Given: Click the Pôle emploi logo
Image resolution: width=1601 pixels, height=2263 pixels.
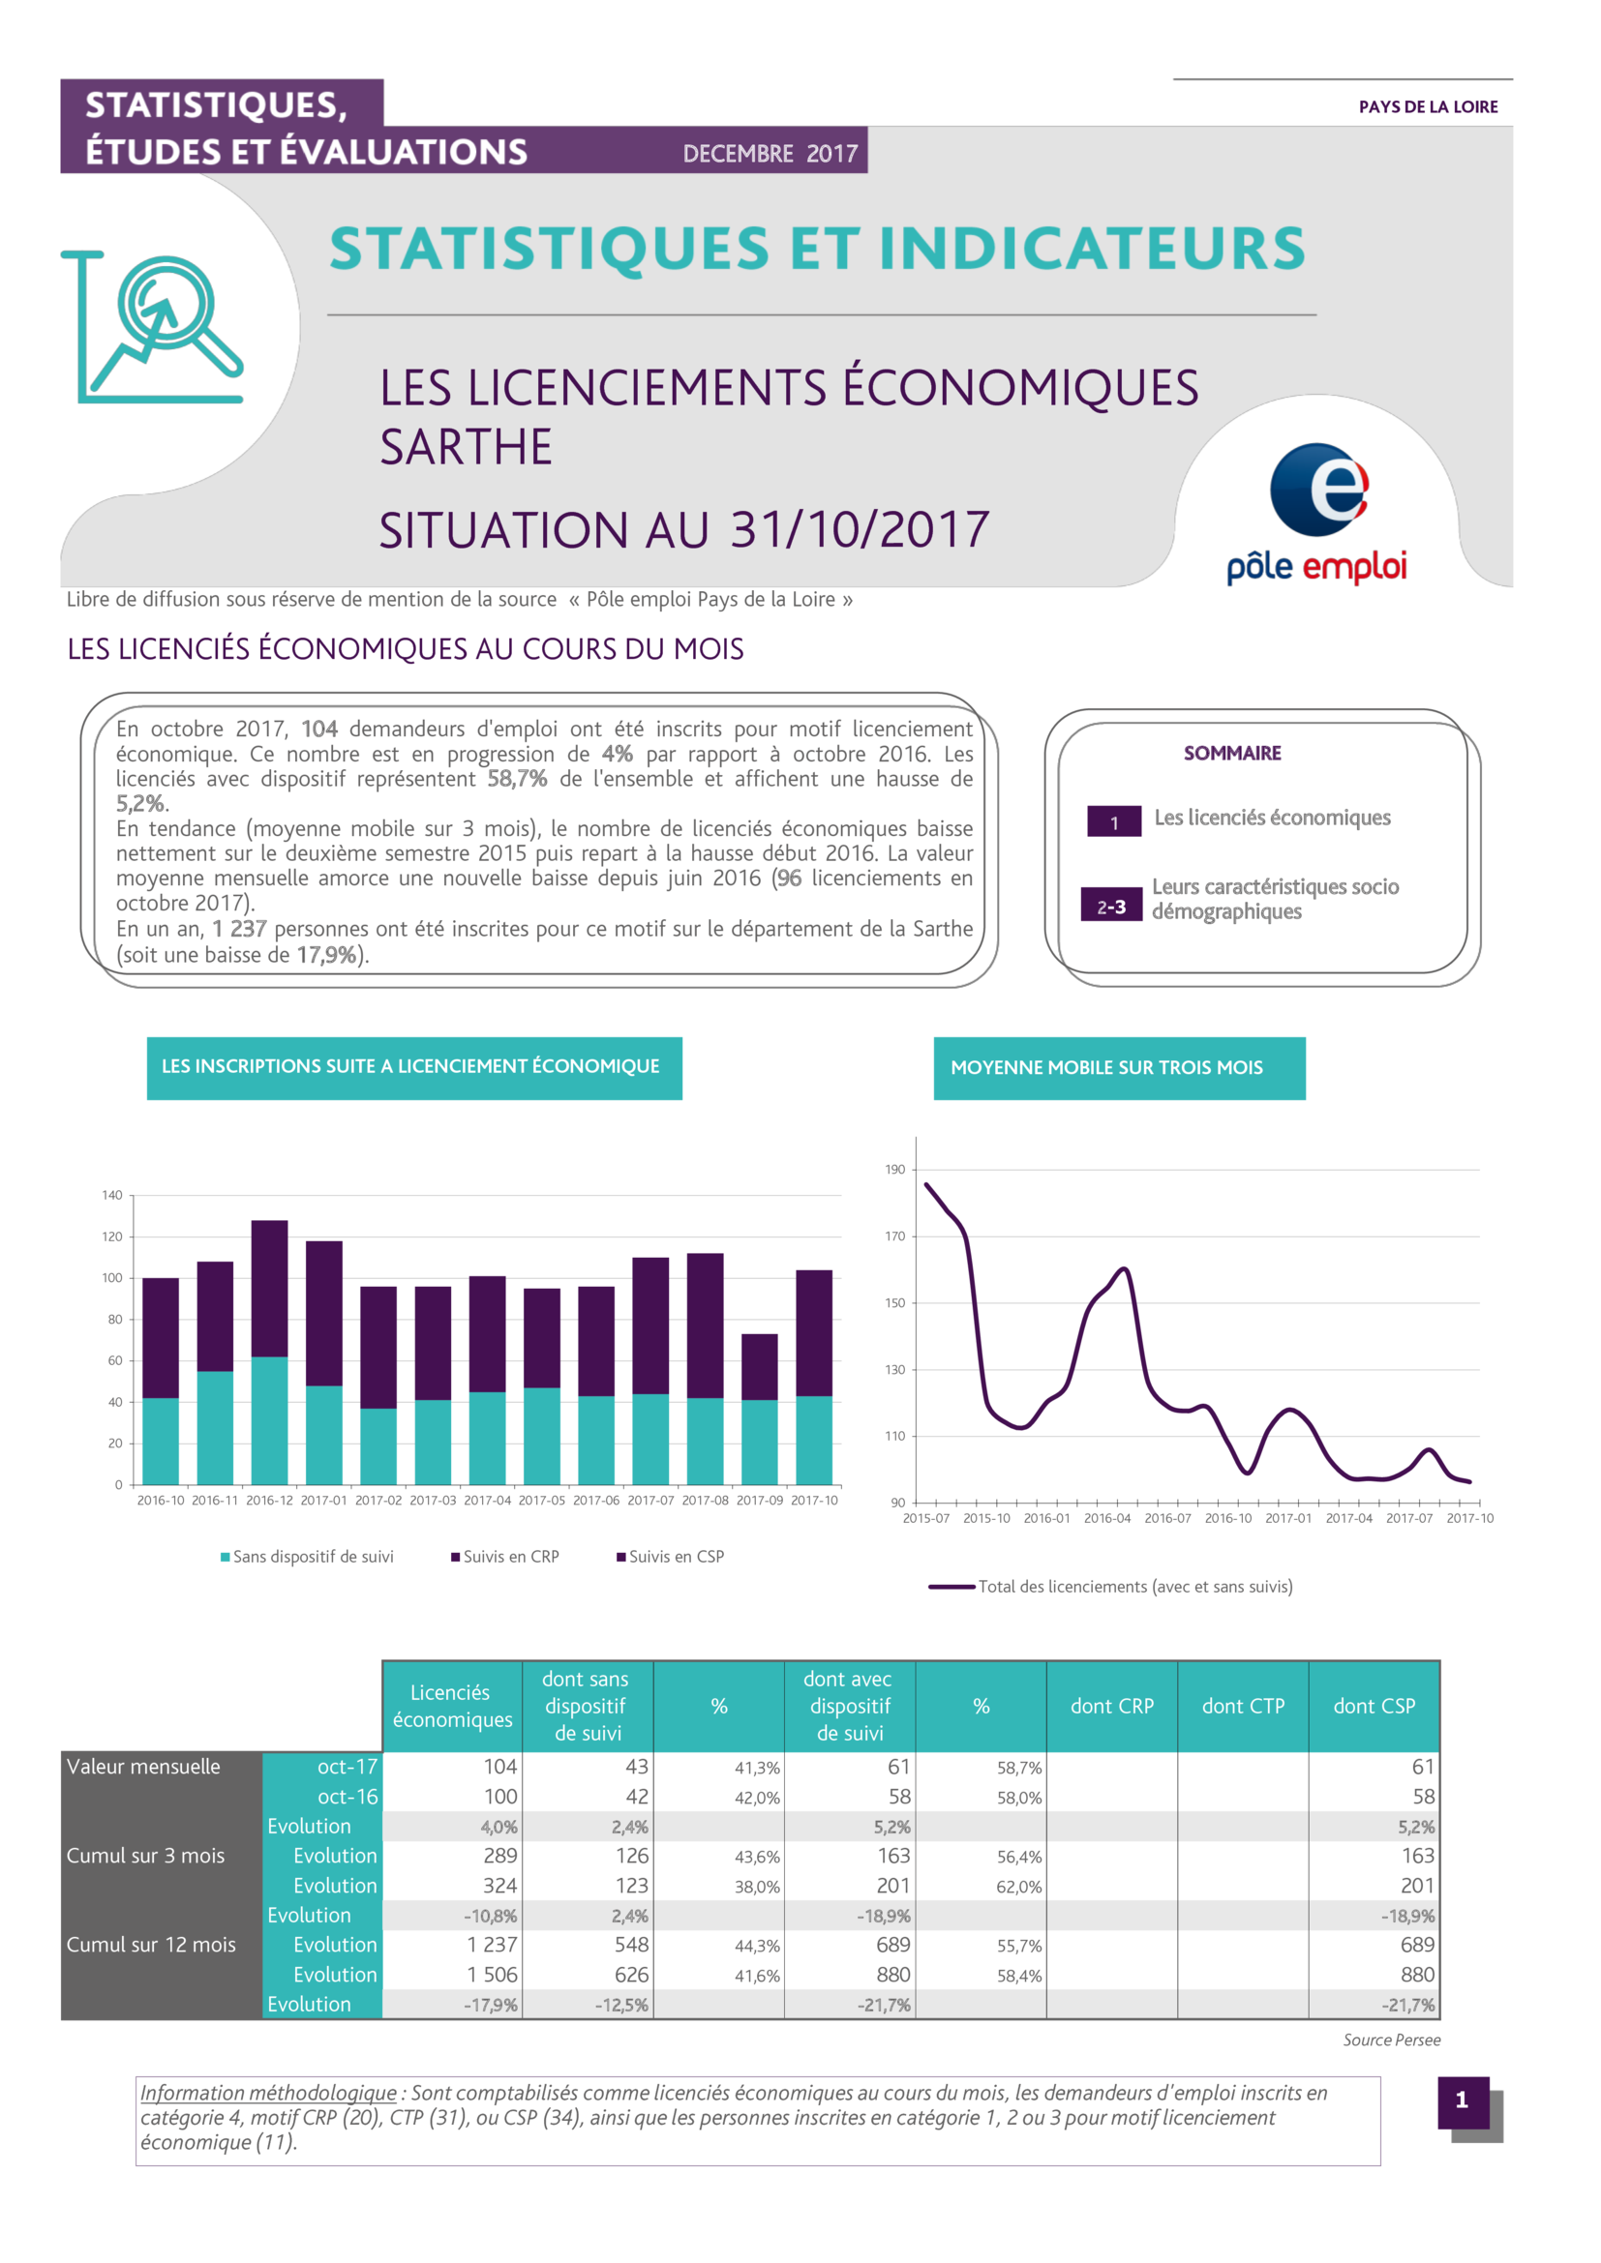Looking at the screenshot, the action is (1317, 514).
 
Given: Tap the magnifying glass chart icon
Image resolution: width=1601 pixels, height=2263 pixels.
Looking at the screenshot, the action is (152, 327).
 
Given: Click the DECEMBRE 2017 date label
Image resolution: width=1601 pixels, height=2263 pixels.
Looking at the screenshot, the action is (770, 154).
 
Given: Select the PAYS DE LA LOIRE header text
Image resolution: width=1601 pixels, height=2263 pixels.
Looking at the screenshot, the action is (1428, 106).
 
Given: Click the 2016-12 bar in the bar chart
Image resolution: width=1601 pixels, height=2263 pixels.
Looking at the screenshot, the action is (269, 1353).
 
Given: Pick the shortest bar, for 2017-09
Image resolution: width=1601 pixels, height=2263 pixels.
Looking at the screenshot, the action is (759, 1410).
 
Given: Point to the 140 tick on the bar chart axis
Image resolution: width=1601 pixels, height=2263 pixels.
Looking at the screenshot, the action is (112, 1195).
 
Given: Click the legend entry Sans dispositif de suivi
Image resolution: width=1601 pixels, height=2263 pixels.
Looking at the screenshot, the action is (307, 1557).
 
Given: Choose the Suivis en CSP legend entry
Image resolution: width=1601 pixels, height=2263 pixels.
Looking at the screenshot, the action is (671, 1557).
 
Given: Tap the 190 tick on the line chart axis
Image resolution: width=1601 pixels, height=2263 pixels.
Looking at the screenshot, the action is (894, 1169).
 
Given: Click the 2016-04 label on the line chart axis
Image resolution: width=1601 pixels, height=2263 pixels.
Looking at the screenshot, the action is (1107, 1518).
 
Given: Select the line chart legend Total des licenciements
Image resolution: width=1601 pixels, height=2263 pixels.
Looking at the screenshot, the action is (1111, 1586).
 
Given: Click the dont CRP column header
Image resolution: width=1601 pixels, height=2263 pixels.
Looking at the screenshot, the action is (1112, 1706).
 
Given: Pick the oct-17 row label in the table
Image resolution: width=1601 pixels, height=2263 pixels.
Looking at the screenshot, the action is (347, 1767).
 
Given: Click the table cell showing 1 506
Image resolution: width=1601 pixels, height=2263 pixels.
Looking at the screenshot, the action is (492, 1975).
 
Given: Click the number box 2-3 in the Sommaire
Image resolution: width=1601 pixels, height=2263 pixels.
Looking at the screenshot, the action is (1111, 906).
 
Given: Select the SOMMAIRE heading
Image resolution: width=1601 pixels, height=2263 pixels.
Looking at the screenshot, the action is (1232, 753).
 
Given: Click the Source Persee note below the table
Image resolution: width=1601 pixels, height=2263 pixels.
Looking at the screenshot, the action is (1391, 2040).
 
